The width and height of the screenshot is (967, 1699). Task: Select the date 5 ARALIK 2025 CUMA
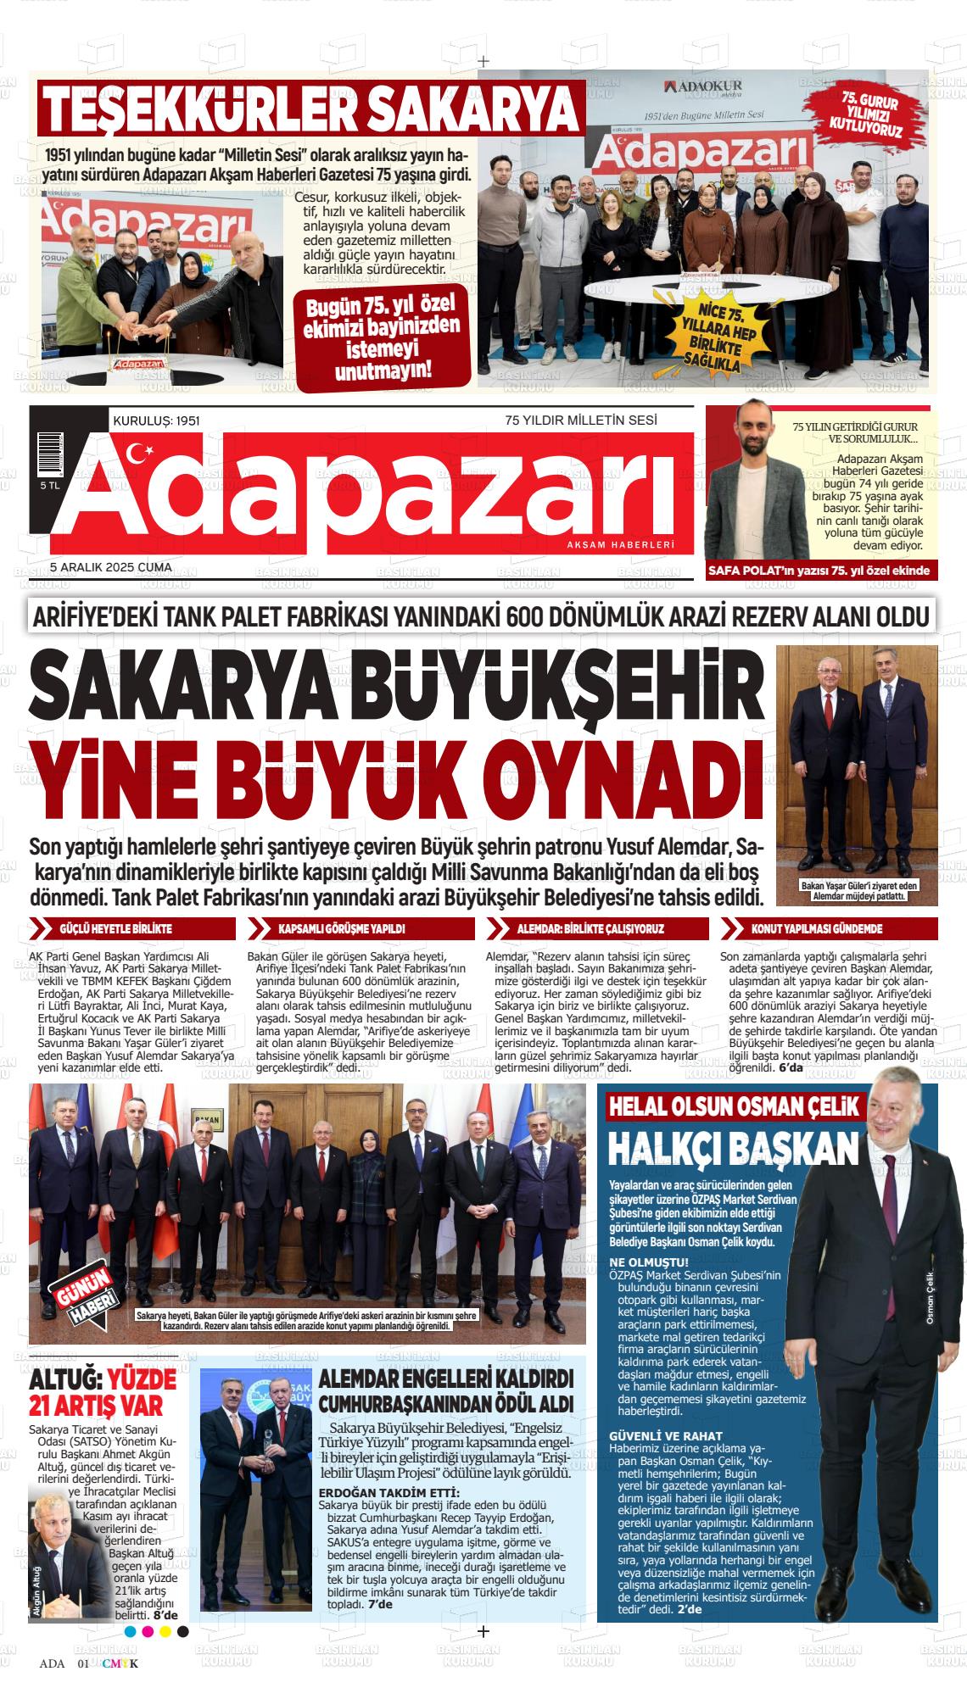pos(111,567)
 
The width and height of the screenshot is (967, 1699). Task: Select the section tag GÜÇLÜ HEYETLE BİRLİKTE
pos(116,929)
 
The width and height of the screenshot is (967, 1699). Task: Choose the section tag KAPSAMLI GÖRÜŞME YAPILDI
pos(342,929)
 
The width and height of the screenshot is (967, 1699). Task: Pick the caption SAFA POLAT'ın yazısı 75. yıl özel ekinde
pos(819,571)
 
